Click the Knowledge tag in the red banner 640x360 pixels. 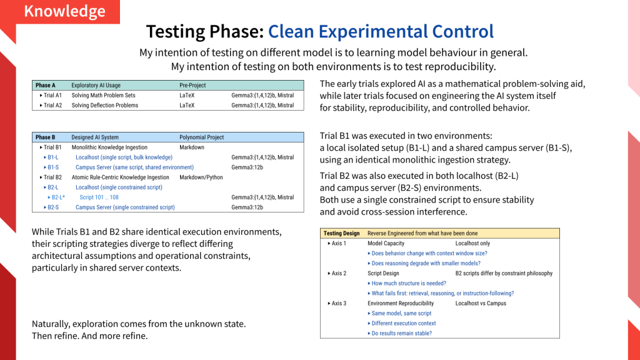(x=64, y=11)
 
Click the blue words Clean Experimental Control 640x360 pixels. (x=381, y=31)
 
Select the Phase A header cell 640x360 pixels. (x=45, y=85)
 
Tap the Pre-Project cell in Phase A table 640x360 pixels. (x=192, y=85)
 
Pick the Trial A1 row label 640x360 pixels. (x=51, y=96)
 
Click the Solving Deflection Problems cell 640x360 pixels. (x=105, y=105)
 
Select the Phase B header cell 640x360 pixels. (x=45, y=137)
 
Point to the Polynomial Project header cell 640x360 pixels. (x=202, y=137)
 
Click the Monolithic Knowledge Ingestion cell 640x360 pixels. (x=109, y=147)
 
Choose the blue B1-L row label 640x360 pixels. (x=51, y=157)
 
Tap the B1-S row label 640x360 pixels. (x=51, y=167)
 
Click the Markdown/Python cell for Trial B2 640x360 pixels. (x=201, y=177)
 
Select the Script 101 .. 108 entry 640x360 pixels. (x=99, y=197)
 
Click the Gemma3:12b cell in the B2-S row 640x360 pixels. (x=247, y=207)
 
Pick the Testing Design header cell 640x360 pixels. (x=342, y=234)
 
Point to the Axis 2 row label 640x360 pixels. (x=337, y=274)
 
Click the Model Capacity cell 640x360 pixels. (x=386, y=243)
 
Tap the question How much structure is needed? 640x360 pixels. (x=407, y=283)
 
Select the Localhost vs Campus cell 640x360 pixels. (x=481, y=303)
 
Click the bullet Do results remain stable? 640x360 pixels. (x=399, y=334)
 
